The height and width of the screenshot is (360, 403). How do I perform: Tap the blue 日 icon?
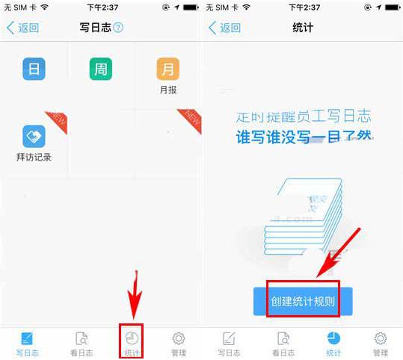pyautogui.click(x=34, y=69)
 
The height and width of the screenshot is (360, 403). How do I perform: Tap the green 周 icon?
pyautogui.click(x=101, y=69)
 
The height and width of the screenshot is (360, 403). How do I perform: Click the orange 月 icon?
pyautogui.click(x=167, y=69)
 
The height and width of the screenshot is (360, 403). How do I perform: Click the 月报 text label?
pyautogui.click(x=167, y=90)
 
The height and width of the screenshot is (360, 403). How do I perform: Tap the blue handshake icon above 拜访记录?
pyautogui.click(x=34, y=136)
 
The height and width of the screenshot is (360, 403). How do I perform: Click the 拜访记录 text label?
pyautogui.click(x=34, y=158)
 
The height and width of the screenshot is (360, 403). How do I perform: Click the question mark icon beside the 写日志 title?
pyautogui.click(x=118, y=28)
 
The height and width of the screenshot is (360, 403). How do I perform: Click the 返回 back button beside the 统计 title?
pyautogui.click(x=225, y=28)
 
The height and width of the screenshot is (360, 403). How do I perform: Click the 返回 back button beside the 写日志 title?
pyautogui.click(x=23, y=28)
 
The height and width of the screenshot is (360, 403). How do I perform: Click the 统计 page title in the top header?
pyautogui.click(x=302, y=28)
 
